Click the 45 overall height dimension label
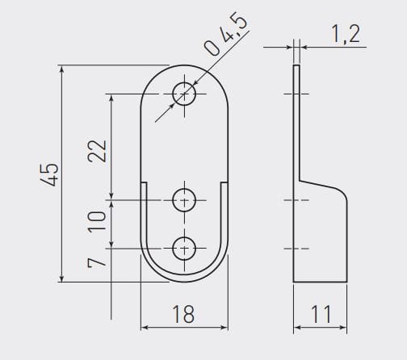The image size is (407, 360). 49,174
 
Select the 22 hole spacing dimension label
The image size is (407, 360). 97,151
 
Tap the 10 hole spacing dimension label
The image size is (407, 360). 97,222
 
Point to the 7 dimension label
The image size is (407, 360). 97,262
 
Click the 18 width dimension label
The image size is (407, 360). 183,314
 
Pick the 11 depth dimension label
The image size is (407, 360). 321,314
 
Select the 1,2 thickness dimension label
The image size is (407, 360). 346,34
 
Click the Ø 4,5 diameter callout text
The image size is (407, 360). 225,34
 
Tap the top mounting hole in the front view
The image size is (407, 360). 184,94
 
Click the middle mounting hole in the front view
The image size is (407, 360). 184,200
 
